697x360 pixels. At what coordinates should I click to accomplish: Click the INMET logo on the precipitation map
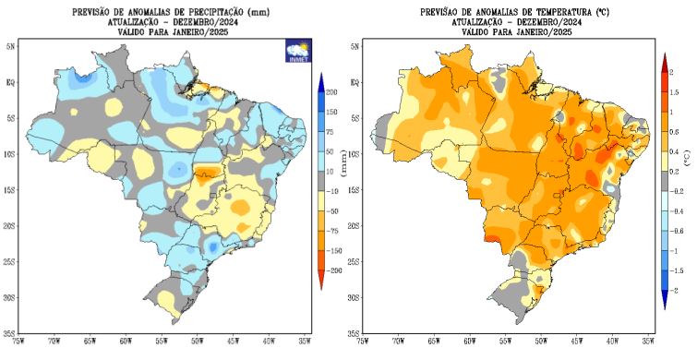pos(297,50)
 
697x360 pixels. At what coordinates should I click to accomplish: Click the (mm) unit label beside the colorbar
pos(343,167)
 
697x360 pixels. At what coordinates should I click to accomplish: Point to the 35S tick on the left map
pos(10,333)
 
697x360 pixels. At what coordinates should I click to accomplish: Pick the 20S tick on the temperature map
pos(355,225)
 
